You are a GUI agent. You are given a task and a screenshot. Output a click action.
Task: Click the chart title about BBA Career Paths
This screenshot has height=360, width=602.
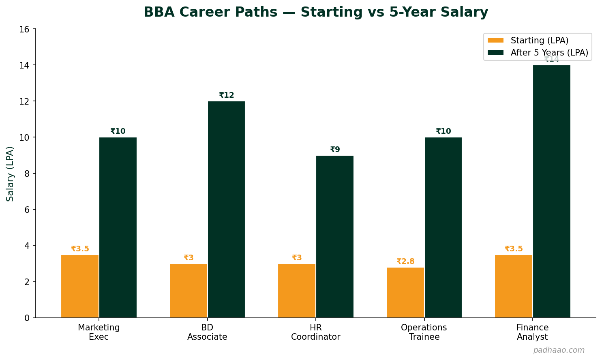point(316,12)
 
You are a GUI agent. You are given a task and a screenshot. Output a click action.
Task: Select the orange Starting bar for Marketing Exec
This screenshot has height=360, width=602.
point(80,286)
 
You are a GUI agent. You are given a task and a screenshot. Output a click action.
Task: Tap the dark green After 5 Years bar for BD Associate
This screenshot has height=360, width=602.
point(226,209)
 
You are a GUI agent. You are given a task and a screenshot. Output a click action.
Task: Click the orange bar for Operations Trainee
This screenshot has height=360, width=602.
point(405,292)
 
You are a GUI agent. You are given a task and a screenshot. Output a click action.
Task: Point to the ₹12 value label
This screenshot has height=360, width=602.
point(227,95)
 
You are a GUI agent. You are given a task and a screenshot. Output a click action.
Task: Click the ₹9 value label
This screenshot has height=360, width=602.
point(335,150)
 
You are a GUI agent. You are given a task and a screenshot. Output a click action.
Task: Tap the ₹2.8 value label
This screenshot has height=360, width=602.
point(405,261)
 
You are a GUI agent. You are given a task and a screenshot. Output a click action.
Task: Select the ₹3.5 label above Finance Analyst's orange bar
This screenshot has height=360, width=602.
point(514,249)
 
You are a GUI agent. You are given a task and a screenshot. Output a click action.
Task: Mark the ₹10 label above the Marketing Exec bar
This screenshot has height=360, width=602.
point(118,131)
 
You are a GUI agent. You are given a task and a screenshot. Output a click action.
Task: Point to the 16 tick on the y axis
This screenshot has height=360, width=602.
point(25,29)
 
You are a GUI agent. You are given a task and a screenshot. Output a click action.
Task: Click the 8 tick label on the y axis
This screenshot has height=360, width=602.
point(27,174)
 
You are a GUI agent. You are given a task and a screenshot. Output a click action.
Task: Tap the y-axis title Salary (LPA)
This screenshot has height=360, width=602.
point(10,174)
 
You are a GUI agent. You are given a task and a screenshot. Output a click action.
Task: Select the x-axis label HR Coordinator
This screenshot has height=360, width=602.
point(315,332)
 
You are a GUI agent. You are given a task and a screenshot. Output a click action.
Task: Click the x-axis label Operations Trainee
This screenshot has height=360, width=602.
point(424,332)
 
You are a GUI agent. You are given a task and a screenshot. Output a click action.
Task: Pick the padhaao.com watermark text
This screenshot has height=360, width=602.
point(559,350)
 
